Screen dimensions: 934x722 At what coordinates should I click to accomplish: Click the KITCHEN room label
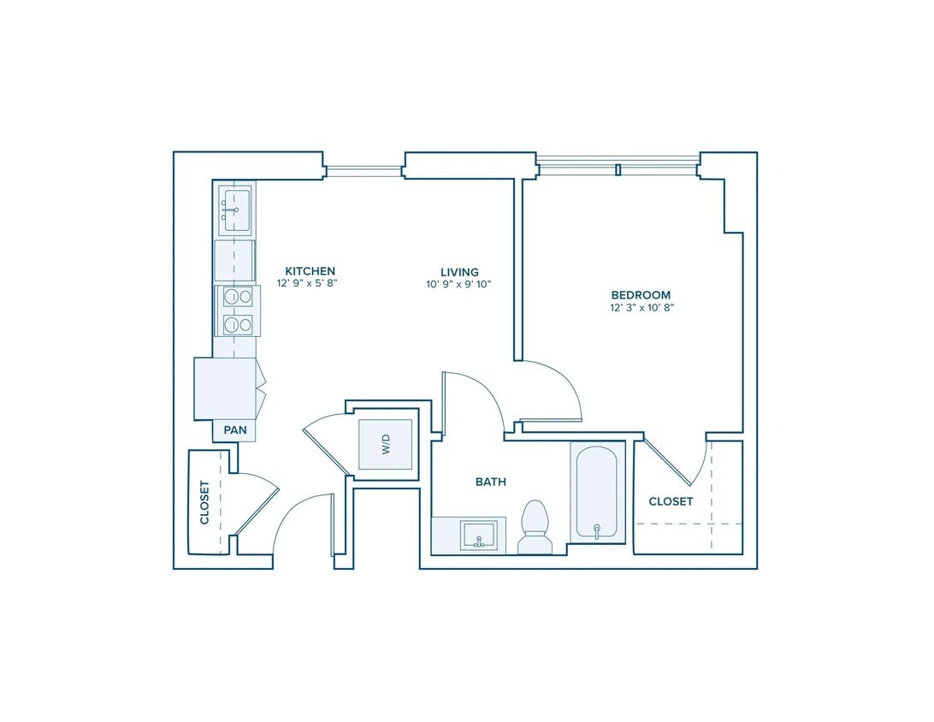(310, 271)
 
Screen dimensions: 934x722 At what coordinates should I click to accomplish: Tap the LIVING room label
(459, 272)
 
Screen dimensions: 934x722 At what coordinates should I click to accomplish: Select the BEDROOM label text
(641, 295)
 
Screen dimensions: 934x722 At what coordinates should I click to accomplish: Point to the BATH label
(491, 482)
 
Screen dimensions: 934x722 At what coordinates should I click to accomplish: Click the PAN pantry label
(235, 430)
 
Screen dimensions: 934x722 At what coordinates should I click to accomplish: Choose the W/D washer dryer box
(386, 444)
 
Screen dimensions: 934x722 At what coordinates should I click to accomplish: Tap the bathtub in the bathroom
(598, 492)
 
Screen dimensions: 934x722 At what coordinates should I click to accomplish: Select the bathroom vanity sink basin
(478, 536)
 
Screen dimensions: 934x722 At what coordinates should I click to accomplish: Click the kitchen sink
(235, 209)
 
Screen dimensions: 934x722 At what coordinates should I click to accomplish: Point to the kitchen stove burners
(238, 311)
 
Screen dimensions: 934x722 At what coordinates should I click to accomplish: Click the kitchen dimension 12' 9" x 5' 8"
(307, 283)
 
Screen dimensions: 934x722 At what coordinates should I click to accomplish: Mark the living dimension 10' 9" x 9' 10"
(458, 285)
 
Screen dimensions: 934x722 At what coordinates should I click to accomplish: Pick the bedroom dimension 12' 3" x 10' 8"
(641, 308)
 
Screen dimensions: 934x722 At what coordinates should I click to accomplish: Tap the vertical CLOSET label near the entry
(205, 502)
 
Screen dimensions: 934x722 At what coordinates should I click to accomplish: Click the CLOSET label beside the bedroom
(671, 501)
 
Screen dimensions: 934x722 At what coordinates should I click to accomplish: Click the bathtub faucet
(597, 531)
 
